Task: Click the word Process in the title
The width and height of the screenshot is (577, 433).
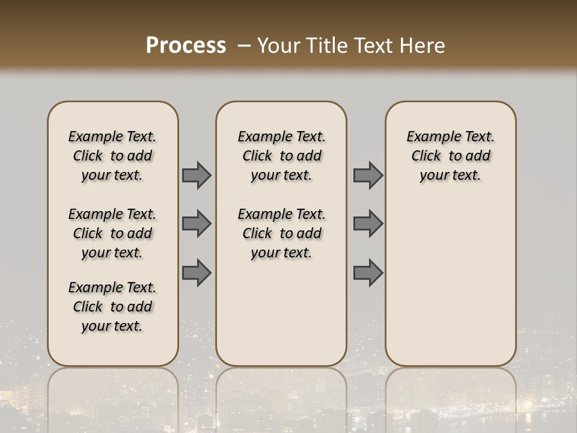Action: coord(186,46)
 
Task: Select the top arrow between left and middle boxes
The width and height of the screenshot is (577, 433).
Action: coord(197,176)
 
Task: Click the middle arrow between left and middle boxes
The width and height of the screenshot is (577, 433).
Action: coord(197,224)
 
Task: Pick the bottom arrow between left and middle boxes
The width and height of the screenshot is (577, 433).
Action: coord(197,273)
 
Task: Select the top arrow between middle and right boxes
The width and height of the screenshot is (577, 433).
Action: coord(368,176)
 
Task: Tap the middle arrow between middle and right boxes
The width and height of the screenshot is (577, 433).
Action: coord(368,224)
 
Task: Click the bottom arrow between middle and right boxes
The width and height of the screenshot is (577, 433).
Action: coord(368,273)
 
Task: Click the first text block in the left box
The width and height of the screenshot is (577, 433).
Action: coord(112,156)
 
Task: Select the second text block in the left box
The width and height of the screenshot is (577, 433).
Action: coord(112,233)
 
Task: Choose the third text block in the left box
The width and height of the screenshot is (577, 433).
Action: coord(112,307)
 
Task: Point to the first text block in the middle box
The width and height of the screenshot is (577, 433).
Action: coord(281,156)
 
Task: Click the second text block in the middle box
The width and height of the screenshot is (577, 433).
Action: coord(281,233)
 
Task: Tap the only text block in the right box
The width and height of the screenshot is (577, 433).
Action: coord(450,156)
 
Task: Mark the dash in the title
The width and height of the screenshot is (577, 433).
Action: coord(244,46)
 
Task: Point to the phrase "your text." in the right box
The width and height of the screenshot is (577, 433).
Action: coord(450,175)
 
